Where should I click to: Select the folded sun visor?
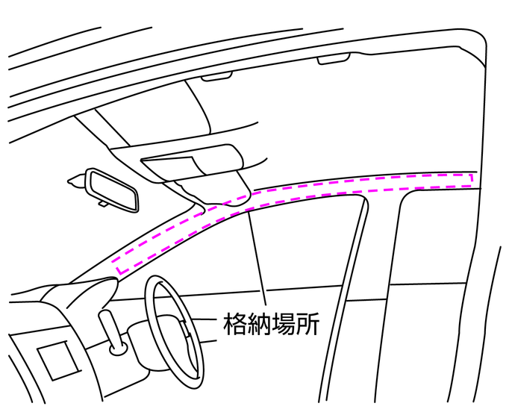[x=190, y=161]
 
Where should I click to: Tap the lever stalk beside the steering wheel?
[x=109, y=325]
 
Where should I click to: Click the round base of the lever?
[x=117, y=348]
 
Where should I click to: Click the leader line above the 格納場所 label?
[x=258, y=261]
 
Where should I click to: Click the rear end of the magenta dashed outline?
[x=472, y=178]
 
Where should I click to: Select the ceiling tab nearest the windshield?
[x=216, y=75]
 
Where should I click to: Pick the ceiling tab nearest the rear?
[x=334, y=60]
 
